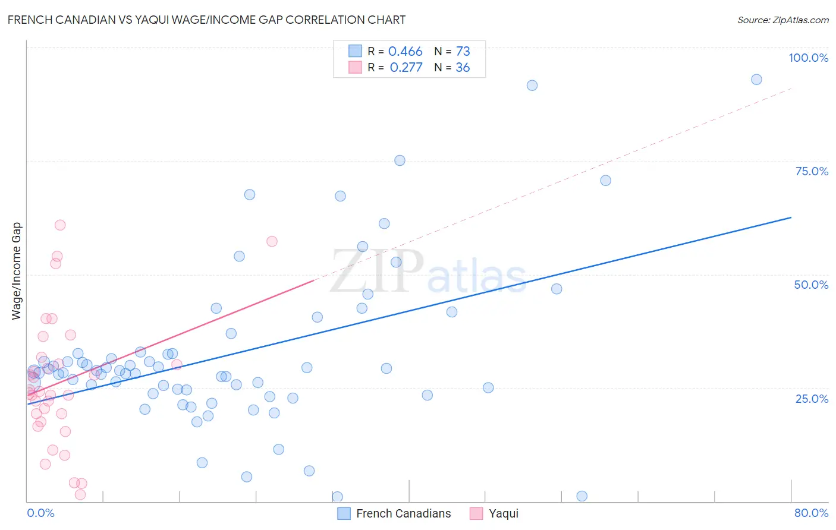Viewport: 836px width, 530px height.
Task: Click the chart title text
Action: click(206, 20)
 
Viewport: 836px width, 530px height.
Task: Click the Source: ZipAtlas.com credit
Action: click(782, 20)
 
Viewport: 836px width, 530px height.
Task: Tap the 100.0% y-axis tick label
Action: click(808, 58)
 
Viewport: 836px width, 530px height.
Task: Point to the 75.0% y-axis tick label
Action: click(812, 171)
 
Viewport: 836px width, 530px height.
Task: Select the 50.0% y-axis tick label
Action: click(811, 285)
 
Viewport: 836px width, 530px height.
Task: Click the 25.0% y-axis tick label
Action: click(812, 399)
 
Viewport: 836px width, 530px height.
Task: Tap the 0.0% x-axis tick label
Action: click(40, 513)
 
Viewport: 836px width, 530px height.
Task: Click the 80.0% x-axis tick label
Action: click(811, 513)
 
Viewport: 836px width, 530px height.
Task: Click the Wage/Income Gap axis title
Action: click(17, 271)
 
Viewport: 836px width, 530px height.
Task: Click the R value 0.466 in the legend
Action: click(406, 52)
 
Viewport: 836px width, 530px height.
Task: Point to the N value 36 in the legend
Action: click(463, 68)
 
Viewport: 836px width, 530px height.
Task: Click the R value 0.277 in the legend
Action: click(406, 68)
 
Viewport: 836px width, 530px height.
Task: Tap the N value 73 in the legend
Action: click(463, 52)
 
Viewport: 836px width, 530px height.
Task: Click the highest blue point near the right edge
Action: click(756, 80)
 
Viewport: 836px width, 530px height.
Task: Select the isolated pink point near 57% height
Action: click(272, 241)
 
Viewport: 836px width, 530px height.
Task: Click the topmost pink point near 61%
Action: click(60, 225)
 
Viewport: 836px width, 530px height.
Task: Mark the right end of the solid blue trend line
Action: click(791, 217)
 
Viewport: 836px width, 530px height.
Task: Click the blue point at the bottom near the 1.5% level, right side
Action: click(582, 496)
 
